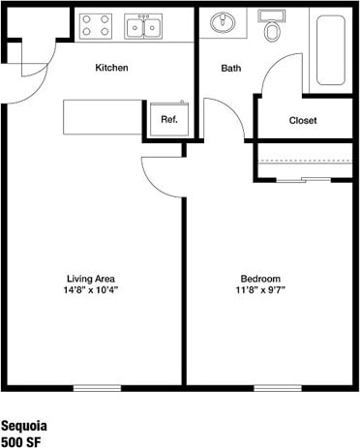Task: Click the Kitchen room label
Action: coord(111,68)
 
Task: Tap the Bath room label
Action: coord(231,68)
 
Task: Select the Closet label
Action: coord(304,121)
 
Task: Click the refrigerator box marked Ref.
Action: coord(168,119)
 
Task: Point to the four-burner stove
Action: coord(95,26)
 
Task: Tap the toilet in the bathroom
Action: coord(273,28)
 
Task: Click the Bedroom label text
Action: coord(260,278)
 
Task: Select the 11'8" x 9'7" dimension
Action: coord(260,289)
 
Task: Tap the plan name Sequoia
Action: coord(23,426)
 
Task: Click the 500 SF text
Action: coord(20,441)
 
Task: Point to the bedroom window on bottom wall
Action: coord(277,388)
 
